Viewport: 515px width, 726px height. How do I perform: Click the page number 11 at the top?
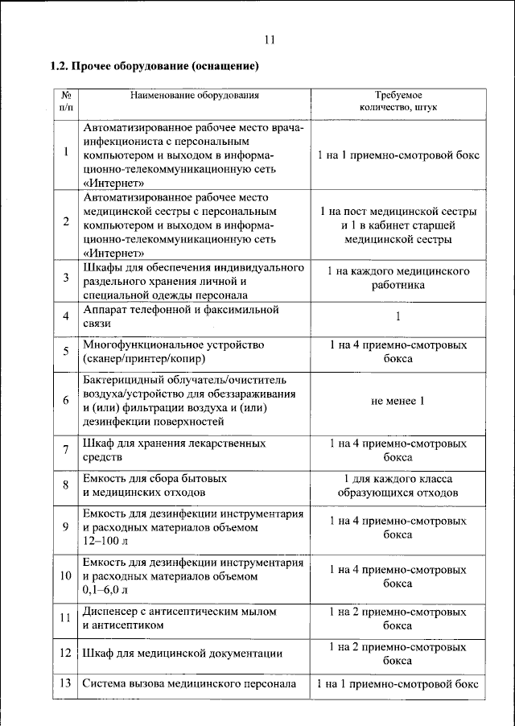coord(269,41)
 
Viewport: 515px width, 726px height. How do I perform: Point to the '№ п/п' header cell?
coord(65,101)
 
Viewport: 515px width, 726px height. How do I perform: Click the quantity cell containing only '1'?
coord(398,316)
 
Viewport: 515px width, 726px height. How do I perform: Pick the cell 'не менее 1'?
coord(398,401)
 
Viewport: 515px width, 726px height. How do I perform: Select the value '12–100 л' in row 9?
coord(105,542)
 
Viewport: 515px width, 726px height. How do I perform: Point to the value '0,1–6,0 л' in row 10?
coord(108,591)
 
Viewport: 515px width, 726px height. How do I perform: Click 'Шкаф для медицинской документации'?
coord(181,653)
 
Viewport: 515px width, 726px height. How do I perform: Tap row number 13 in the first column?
coord(65,684)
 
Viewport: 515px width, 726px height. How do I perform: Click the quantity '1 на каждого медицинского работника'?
coord(398,278)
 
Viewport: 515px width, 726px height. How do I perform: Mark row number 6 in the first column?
coord(65,401)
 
